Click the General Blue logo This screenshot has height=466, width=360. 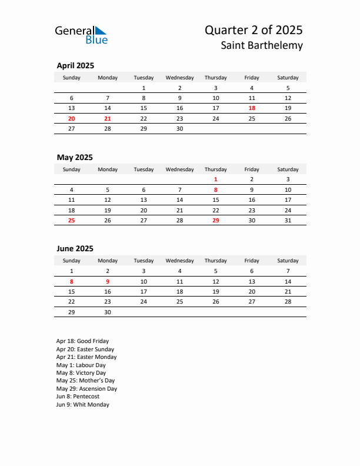(x=81, y=35)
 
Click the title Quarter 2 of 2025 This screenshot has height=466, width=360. (x=254, y=30)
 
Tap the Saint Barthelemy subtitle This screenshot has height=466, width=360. (x=263, y=45)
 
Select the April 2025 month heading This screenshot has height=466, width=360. (x=75, y=66)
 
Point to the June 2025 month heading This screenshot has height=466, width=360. (x=75, y=249)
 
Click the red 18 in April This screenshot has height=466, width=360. (x=252, y=108)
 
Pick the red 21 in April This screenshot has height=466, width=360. (x=107, y=118)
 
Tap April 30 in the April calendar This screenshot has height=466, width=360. (x=179, y=128)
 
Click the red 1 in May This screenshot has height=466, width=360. (x=216, y=179)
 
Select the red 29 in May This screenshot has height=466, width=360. (x=216, y=221)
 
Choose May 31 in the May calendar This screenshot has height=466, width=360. (x=288, y=221)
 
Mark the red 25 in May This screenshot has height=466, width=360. (x=72, y=221)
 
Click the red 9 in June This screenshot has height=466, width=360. (x=107, y=281)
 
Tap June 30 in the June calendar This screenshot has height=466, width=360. (x=107, y=312)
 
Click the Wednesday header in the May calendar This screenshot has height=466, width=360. (x=179, y=169)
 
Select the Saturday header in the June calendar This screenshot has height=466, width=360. (x=288, y=261)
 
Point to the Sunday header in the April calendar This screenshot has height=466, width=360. (x=72, y=78)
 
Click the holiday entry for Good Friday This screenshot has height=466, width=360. (x=82, y=341)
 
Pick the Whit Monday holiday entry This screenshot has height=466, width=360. (x=83, y=405)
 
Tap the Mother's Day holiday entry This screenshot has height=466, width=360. (x=86, y=381)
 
